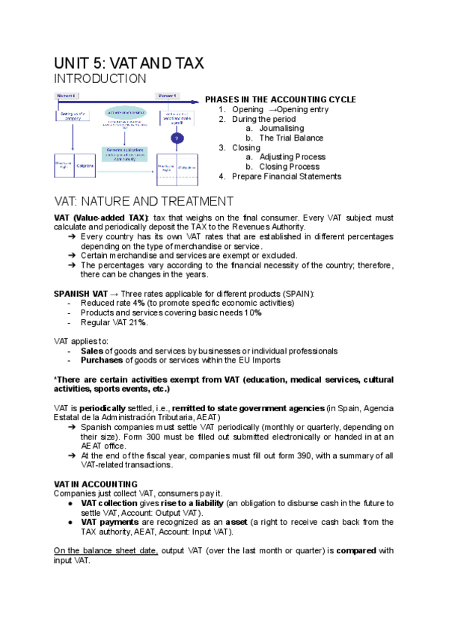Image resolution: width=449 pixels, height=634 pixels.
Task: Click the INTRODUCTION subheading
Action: click(100, 79)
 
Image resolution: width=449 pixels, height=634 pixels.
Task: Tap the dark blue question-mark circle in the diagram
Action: click(177, 138)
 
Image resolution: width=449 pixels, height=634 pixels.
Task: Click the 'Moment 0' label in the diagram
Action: click(66, 96)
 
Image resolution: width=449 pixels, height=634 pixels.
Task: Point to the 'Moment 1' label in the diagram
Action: click(166, 96)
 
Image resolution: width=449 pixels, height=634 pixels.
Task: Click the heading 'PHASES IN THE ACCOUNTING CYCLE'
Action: click(281, 99)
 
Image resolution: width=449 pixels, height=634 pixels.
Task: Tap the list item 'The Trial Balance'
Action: click(291, 138)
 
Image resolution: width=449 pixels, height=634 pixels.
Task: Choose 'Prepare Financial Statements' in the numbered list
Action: click(287, 176)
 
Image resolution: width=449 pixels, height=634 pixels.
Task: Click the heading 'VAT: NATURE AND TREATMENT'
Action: click(144, 201)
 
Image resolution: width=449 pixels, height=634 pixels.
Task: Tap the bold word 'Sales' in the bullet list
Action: click(91, 351)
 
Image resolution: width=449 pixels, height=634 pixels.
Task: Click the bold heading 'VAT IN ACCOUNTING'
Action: click(96, 484)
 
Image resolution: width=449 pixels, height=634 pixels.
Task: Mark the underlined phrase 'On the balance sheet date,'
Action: click(106, 551)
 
